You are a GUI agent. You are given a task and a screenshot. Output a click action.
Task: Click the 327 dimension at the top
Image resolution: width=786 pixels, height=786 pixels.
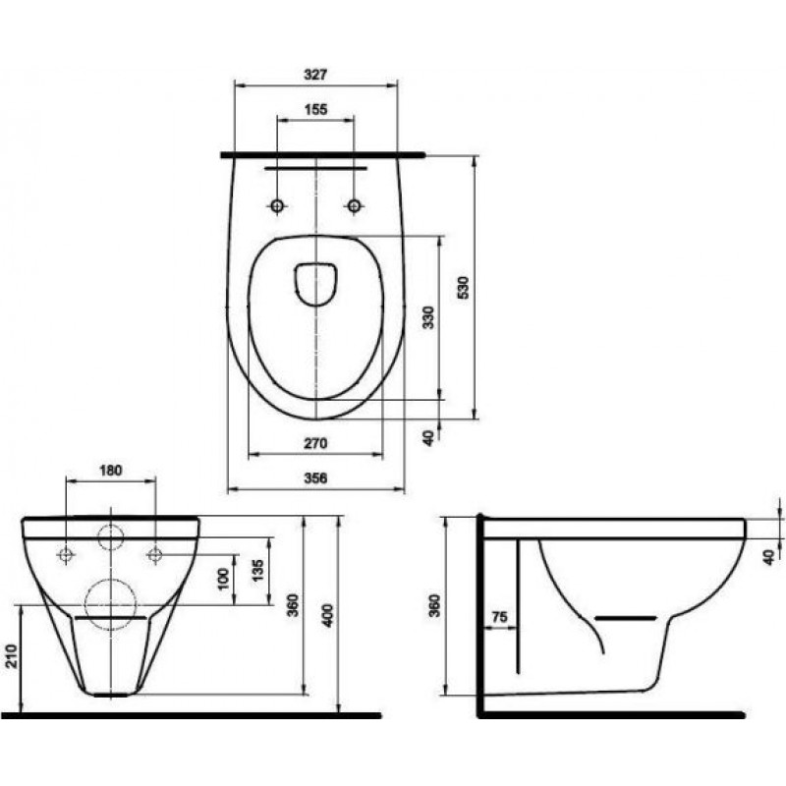315,75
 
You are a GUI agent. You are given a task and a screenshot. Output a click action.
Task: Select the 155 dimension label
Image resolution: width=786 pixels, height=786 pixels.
315,109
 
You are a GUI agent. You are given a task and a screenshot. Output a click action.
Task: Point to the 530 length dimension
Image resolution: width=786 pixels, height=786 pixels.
464,287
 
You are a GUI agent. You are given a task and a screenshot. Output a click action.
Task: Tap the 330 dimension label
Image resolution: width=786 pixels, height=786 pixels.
428,316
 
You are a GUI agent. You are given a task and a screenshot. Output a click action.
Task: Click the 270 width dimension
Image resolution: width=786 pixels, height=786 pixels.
315,443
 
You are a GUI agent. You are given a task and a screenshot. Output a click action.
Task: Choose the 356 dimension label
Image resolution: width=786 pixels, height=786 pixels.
315,477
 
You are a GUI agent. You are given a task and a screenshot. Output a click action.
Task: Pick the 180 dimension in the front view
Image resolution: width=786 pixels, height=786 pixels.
111,471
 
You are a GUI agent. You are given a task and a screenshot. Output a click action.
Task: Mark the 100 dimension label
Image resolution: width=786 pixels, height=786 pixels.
224,579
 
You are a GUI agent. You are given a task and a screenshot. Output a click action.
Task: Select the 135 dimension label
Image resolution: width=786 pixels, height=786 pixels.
256,572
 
